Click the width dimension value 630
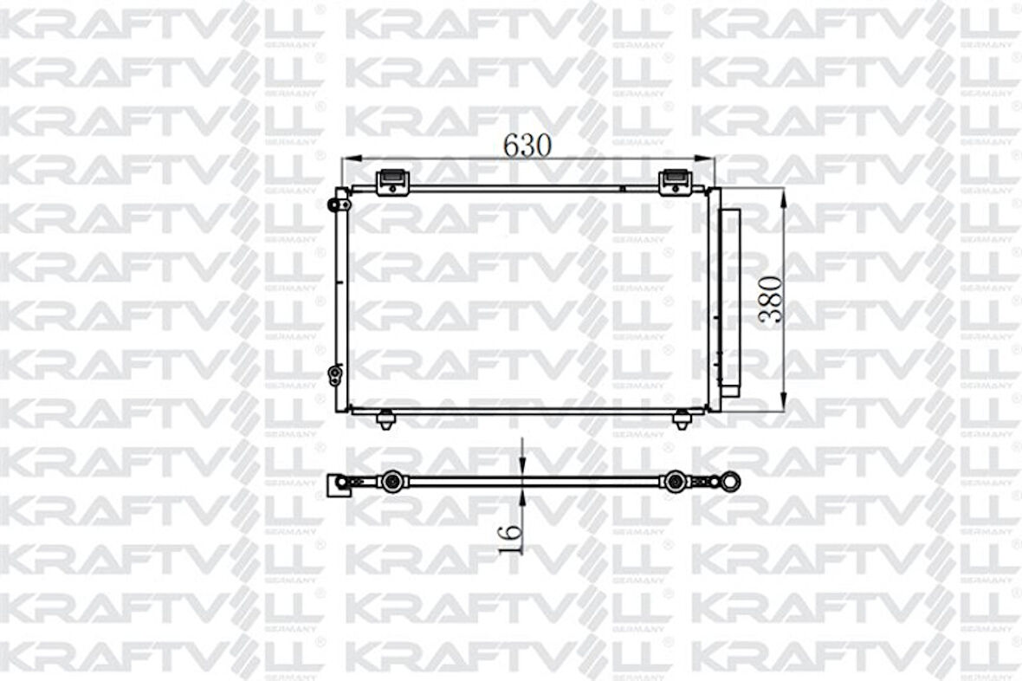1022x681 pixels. tap(527, 146)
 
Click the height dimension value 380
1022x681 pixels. tap(770, 299)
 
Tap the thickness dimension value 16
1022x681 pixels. tap(512, 539)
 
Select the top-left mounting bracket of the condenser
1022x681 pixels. tap(391, 182)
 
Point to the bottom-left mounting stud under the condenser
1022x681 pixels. tap(385, 420)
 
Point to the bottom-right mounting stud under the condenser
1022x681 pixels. tap(682, 420)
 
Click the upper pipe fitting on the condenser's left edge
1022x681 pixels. tap(334, 204)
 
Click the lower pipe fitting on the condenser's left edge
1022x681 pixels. tap(334, 374)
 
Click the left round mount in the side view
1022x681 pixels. tap(392, 481)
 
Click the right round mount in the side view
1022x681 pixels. tap(673, 481)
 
